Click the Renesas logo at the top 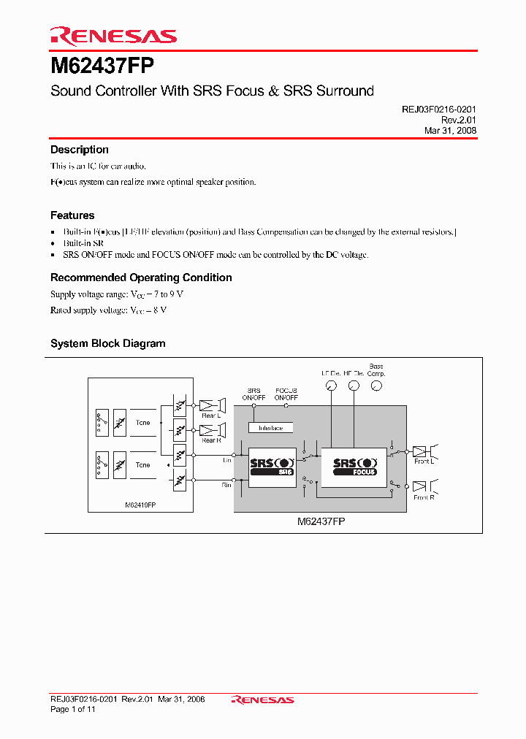click(113, 36)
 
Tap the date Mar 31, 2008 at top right click(450, 131)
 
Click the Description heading click(79, 150)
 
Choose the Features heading click(72, 215)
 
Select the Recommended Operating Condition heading click(141, 277)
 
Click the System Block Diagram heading click(107, 343)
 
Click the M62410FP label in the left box click(140, 505)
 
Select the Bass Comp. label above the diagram click(376, 369)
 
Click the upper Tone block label click(142, 423)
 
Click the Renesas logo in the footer click(262, 700)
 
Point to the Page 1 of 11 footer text click(73, 709)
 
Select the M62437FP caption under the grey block click(321, 523)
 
